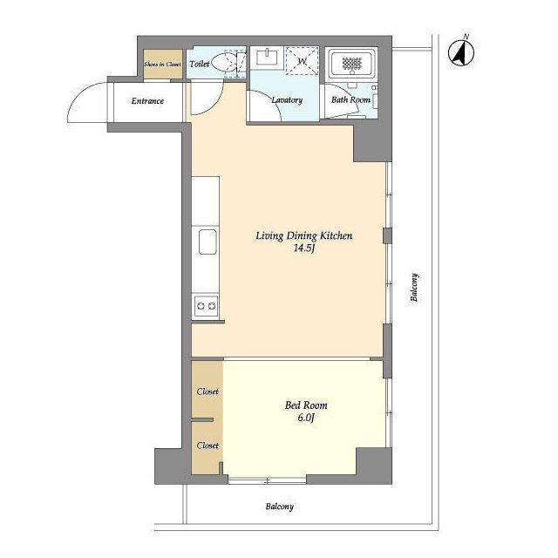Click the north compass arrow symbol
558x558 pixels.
[461, 53]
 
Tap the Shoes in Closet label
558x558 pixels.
[163, 65]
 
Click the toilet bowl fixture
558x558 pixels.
[227, 63]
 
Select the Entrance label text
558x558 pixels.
[147, 101]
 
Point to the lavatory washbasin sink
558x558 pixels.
[267, 58]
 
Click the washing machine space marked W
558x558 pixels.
[302, 61]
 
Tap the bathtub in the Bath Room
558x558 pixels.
[351, 64]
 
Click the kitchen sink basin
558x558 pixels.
[208, 242]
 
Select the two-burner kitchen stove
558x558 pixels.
[206, 306]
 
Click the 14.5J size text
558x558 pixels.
[304, 248]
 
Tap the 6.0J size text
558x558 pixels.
[306, 418]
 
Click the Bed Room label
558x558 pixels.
[306, 405]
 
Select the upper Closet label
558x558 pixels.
[208, 391]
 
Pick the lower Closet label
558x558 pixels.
[208, 446]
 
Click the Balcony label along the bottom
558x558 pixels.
[280, 507]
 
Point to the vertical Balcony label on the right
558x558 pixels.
[414, 287]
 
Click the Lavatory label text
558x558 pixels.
[287, 100]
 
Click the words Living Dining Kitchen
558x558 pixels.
[304, 235]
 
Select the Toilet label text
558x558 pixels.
[200, 64]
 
